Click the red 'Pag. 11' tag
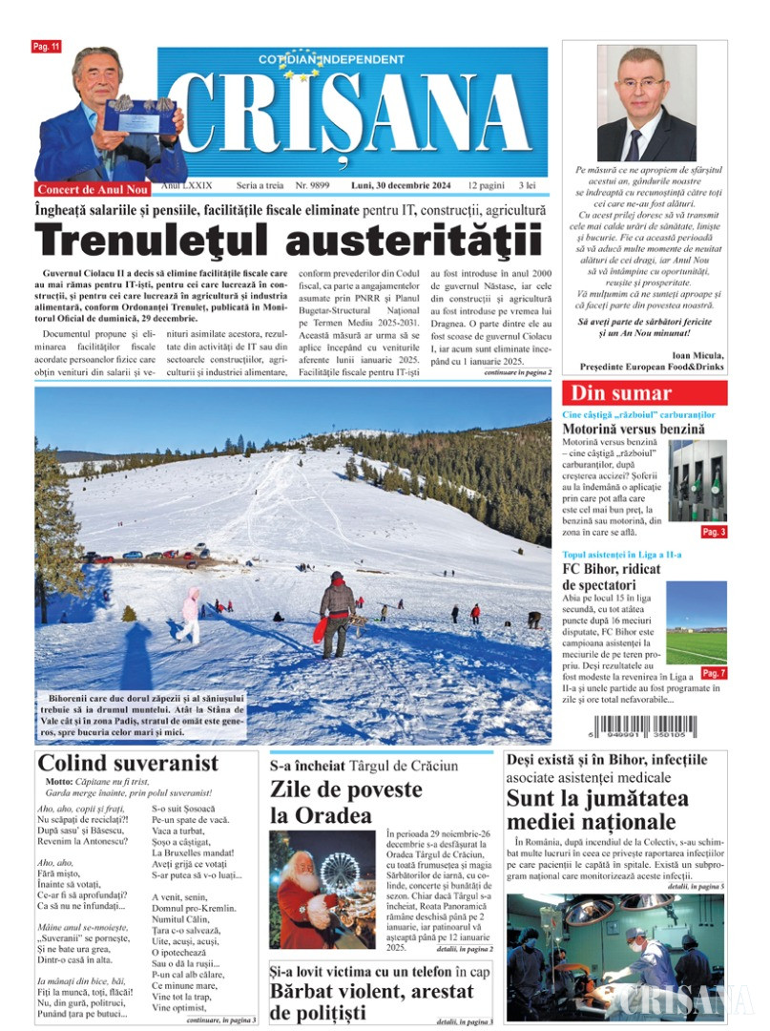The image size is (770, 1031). point(46,46)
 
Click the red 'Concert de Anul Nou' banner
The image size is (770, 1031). point(94,189)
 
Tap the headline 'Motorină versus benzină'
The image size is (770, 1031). point(634,430)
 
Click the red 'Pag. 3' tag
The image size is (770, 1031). point(714,533)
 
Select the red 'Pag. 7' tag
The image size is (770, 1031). point(714,674)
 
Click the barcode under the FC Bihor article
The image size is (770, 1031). point(644,726)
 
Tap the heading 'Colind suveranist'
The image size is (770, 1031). point(128,764)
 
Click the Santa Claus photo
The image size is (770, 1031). point(322,889)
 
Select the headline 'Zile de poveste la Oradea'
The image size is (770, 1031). point(345,802)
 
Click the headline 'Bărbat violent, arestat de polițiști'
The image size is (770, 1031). point(371,1001)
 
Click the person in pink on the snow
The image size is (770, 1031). point(190,616)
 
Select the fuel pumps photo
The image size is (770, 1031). point(697,481)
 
